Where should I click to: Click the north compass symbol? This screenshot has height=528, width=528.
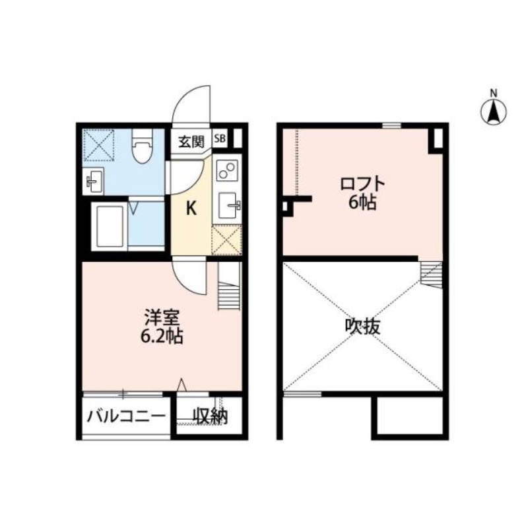493,110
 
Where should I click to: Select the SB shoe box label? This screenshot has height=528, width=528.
220,139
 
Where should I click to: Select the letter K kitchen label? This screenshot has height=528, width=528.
191,209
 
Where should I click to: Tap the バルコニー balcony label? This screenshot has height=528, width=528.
125,417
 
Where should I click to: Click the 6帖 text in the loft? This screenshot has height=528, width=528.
362,203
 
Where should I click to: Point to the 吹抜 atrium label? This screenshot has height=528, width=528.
362,325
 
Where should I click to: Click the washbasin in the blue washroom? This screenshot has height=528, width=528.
94,180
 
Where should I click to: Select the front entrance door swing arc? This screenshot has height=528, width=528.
192,106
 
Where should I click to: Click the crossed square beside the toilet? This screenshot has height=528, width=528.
99,145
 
